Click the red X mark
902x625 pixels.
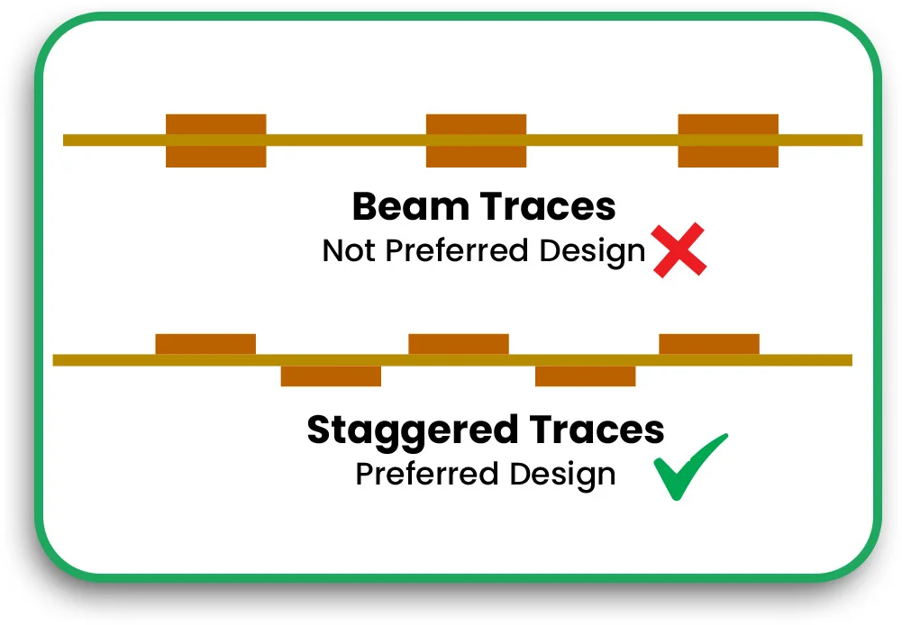679,251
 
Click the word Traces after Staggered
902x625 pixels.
599,430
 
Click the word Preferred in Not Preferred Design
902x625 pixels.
458,251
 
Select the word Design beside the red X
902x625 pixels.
593,251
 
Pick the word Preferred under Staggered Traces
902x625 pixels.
428,474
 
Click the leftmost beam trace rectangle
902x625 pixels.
216,140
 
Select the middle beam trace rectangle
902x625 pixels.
476,140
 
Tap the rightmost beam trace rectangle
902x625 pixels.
728,140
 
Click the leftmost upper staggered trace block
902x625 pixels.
205,344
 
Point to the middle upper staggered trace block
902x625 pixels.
459,344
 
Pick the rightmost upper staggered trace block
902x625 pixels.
709,344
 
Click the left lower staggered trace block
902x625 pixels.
331,376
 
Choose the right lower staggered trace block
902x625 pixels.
586,376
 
